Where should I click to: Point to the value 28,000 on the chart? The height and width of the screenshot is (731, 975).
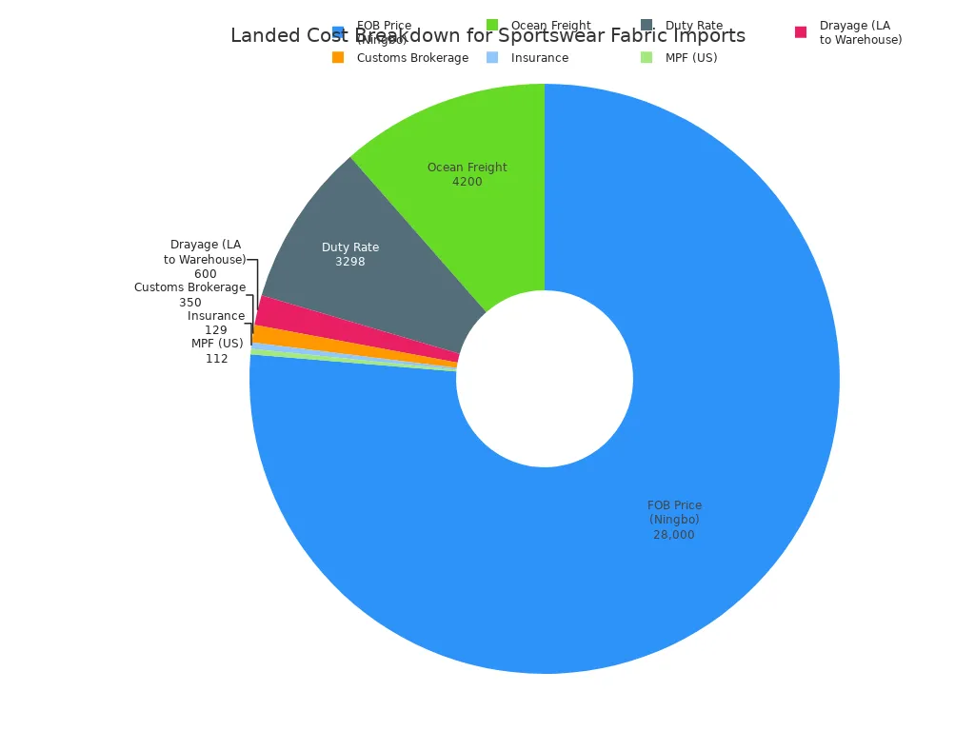click(673, 535)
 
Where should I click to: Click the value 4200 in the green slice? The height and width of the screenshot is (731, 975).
click(467, 182)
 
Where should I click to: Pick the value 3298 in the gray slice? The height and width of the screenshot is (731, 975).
click(349, 262)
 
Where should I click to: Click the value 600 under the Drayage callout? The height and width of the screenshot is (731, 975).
click(205, 274)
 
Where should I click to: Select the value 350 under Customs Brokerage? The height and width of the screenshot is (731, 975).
click(189, 303)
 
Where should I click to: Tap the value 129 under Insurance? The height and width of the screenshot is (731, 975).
click(215, 330)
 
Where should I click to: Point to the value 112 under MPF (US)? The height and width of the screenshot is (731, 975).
click(216, 359)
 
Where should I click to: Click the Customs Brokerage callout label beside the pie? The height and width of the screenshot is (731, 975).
click(189, 287)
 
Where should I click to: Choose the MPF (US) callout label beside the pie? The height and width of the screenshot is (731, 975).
click(216, 344)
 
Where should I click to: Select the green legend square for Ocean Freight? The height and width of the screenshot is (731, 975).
click(492, 25)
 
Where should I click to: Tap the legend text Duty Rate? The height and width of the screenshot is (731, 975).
click(693, 26)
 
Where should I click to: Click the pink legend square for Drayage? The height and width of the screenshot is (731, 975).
click(801, 32)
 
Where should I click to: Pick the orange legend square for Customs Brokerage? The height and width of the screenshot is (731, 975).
click(338, 57)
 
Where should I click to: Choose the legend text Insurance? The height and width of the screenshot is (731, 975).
click(539, 58)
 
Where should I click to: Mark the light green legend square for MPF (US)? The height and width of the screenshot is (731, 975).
click(647, 57)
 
